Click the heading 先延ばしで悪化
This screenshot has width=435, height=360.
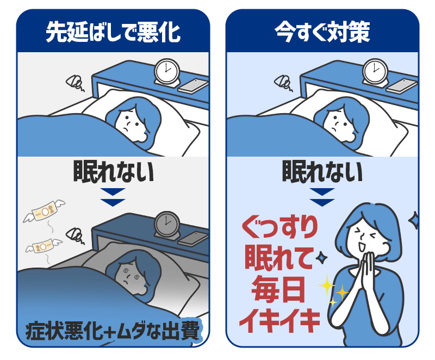[x=113, y=32]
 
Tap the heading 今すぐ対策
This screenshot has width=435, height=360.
[x=322, y=32]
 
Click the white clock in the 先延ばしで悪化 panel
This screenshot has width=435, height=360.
[x=167, y=72]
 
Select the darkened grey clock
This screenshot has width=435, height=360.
[x=167, y=225]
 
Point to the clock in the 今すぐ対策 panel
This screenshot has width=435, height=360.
[x=375, y=72]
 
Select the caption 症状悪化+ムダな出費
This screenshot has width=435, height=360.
[x=113, y=331]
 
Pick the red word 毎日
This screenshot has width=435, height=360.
[x=278, y=289]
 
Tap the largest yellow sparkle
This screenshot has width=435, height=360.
[x=327, y=285]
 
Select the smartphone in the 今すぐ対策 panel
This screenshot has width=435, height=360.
[x=402, y=85]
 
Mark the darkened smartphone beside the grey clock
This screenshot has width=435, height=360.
[x=193, y=239]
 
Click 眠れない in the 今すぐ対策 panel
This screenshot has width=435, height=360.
[x=322, y=172]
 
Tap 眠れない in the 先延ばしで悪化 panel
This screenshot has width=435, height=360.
[x=113, y=172]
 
